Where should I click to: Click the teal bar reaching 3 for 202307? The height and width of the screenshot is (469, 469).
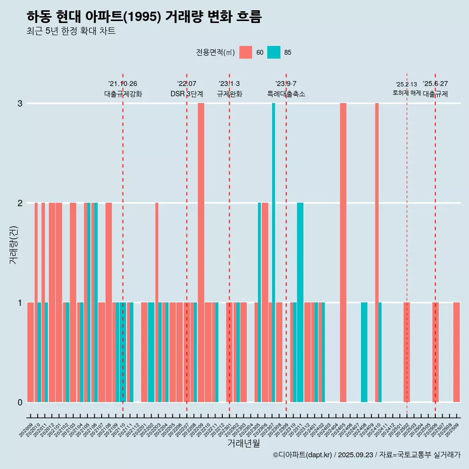coord(274,253)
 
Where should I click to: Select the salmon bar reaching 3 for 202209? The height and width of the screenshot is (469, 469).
coord(201,253)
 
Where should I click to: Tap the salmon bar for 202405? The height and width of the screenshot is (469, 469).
coord(343,253)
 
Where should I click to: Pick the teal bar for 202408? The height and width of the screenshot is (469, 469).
coord(364,352)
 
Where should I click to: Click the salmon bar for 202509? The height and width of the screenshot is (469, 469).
coord(456,352)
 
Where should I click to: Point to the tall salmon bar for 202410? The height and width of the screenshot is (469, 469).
coord(377,253)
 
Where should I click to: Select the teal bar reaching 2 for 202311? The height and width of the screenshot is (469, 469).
coord(300,302)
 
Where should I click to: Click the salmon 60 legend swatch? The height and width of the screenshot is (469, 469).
coord(246,52)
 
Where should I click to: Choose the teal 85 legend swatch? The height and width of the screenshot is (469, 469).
coord(274,52)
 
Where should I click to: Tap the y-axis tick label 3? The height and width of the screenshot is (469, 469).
coord(20,104)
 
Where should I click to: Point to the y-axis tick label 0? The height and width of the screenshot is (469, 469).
coord(20,403)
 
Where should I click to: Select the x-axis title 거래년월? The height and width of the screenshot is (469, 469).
coord(243,443)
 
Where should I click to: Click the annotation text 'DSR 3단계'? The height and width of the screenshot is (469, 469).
coord(187,94)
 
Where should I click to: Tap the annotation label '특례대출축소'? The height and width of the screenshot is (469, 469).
coord(286,94)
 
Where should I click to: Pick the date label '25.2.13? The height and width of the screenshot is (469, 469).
coord(406,85)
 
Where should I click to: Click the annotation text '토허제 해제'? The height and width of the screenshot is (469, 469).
coord(406,93)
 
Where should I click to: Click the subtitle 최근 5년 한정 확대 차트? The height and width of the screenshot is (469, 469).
coord(71,31)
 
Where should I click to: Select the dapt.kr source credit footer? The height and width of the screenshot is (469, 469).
coord(366,455)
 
